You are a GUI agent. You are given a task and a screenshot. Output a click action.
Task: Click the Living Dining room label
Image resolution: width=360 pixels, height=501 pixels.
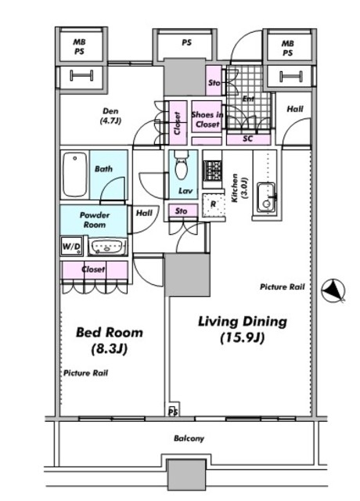tap(243, 330)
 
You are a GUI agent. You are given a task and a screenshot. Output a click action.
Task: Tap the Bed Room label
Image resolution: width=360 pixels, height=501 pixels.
tap(110, 341)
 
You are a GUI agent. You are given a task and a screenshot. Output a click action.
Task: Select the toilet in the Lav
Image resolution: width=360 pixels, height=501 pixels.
tap(181, 164)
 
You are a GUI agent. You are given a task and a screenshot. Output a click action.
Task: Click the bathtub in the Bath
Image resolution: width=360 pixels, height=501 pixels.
tap(75, 174)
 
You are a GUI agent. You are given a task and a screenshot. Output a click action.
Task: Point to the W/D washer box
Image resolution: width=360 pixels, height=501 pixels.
tap(72, 247)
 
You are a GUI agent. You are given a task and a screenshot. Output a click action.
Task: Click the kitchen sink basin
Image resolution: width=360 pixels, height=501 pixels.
tap(267, 197)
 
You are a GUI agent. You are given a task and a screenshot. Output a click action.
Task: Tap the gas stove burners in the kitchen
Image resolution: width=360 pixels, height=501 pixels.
tap(212, 171)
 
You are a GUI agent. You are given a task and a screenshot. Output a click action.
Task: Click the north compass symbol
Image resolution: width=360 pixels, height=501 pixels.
tap(333, 290)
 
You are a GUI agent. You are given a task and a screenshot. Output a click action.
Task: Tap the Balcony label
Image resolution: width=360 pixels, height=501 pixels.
tap(189, 438)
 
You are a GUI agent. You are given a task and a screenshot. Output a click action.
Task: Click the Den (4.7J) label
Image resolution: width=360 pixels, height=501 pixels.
tap(110, 116)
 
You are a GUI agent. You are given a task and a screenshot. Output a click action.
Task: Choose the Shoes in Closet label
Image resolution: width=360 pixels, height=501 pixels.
tap(207, 119)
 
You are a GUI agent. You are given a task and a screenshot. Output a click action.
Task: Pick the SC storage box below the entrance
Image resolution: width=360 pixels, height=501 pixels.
tap(249, 139)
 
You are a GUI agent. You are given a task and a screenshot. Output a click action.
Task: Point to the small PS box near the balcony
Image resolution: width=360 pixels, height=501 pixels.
tap(174, 409)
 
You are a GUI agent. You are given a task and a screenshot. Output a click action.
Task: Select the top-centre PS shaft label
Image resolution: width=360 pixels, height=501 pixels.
tap(186, 42)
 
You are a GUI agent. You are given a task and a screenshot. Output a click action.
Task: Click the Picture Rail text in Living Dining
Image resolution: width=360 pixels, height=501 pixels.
tap(283, 287)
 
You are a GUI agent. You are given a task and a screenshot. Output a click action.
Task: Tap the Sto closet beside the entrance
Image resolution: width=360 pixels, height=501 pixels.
tap(214, 81)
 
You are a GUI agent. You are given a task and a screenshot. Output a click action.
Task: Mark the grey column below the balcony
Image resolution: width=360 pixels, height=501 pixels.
tap(187, 474)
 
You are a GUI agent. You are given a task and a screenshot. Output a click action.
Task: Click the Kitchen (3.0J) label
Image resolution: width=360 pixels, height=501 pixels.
tap(239, 188)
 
